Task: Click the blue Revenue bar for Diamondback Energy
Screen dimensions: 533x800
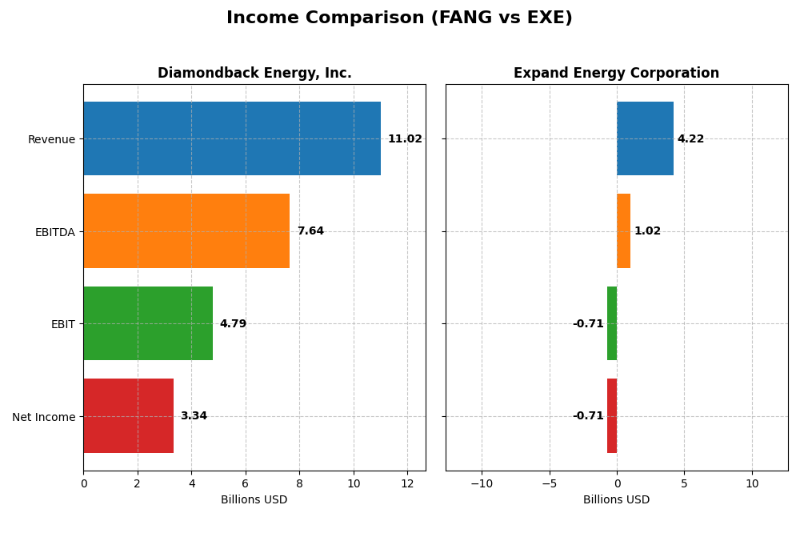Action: point(232,138)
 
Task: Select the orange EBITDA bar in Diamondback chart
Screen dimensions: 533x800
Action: point(186,231)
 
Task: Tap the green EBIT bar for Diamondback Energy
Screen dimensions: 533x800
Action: point(148,323)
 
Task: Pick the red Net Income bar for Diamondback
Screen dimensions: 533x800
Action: point(128,416)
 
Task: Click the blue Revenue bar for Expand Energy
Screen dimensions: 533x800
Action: point(645,138)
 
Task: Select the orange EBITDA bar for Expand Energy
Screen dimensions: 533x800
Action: point(623,231)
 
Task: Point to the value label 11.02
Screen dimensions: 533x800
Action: point(405,139)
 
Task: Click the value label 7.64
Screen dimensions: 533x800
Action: point(310,231)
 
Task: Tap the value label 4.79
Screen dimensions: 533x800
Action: point(233,324)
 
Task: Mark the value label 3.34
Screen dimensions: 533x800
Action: point(194,416)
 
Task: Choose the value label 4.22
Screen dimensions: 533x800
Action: point(690,139)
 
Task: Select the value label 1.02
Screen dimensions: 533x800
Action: point(647,231)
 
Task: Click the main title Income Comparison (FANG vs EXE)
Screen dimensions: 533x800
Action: point(399,18)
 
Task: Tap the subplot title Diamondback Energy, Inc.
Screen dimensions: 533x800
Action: point(254,74)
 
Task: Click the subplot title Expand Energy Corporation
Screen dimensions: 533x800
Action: point(616,74)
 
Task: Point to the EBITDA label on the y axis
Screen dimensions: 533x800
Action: point(54,232)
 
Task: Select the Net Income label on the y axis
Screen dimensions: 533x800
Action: point(43,417)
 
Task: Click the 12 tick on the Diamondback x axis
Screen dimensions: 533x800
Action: point(407,483)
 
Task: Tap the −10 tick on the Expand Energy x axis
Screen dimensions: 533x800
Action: point(481,483)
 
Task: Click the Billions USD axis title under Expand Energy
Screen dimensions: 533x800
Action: point(616,500)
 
